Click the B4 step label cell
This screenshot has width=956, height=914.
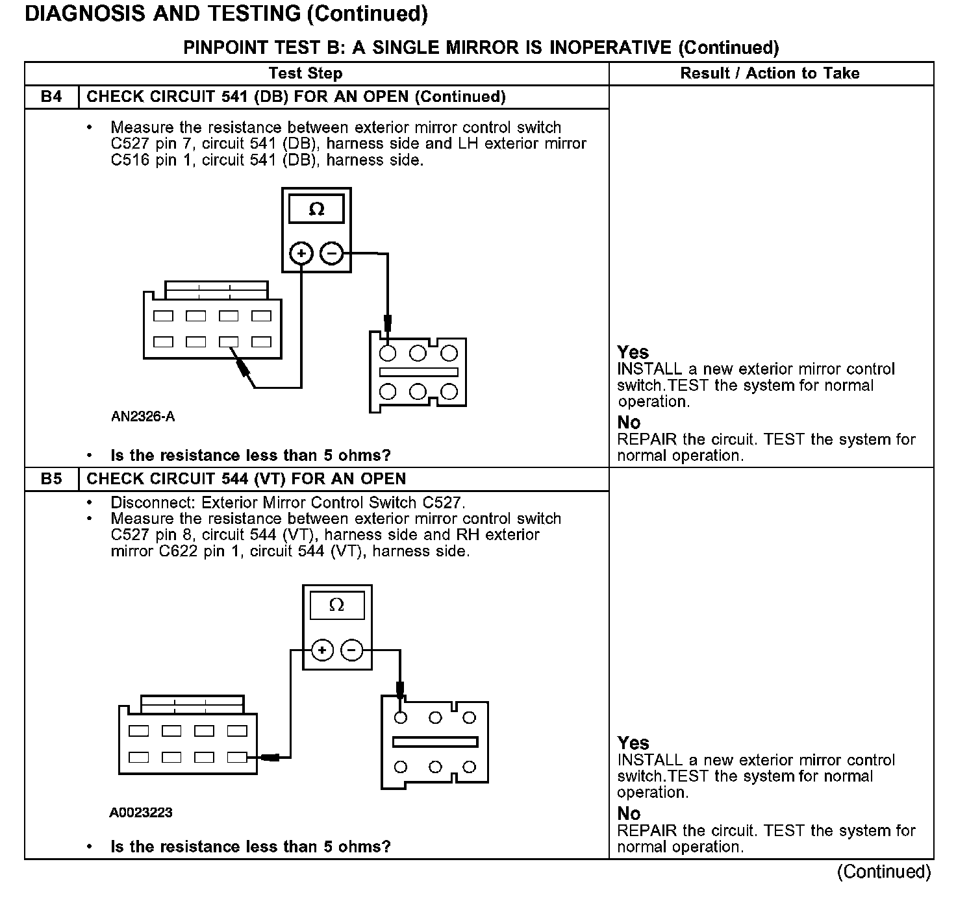pyautogui.click(x=51, y=97)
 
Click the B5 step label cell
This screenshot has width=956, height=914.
pyautogui.click(x=51, y=479)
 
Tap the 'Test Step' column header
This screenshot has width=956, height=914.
pyautogui.click(x=305, y=73)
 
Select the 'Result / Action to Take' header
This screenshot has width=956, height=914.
pyautogui.click(x=770, y=73)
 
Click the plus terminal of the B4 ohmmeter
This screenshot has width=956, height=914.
pyautogui.click(x=301, y=253)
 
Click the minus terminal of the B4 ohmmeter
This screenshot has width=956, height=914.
pyautogui.click(x=332, y=253)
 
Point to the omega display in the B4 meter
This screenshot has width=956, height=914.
pyautogui.click(x=316, y=210)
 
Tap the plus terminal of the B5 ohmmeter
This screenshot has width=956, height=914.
pyautogui.click(x=322, y=650)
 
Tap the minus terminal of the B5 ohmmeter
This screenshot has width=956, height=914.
pyautogui.click(x=352, y=650)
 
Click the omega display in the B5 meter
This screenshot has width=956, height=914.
pyautogui.click(x=336, y=606)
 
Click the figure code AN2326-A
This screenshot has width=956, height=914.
pyautogui.click(x=143, y=417)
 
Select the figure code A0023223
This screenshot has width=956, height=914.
pyautogui.click(x=141, y=813)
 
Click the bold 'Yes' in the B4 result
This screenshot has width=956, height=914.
pyautogui.click(x=633, y=352)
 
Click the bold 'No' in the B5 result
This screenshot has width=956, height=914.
pyautogui.click(x=629, y=813)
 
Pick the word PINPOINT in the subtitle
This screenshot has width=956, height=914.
pyautogui.click(x=225, y=47)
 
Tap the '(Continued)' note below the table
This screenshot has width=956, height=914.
pyautogui.click(x=884, y=871)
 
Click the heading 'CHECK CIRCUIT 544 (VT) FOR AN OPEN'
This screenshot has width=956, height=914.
pyautogui.click(x=246, y=479)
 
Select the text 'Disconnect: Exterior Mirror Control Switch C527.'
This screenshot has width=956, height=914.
pyautogui.click(x=288, y=502)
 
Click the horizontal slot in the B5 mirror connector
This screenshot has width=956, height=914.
pyautogui.click(x=435, y=742)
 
